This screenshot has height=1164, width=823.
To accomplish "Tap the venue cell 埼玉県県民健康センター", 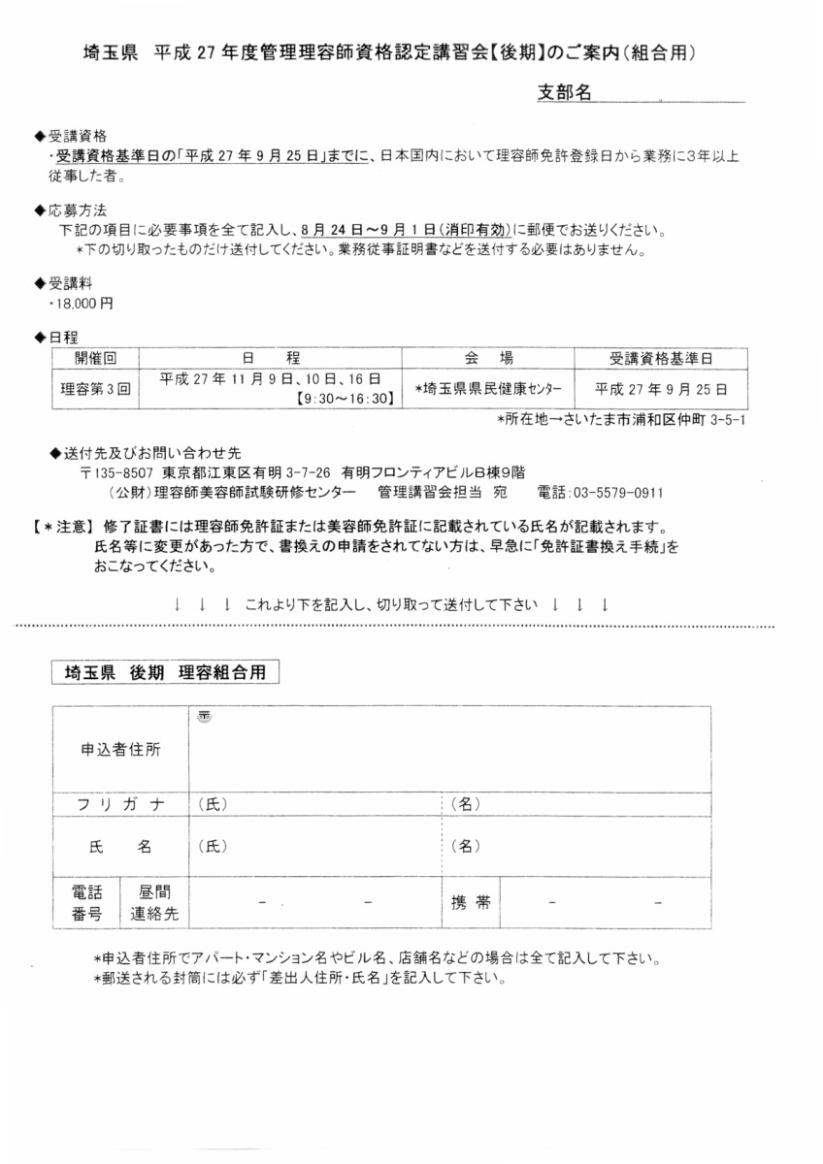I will click(487, 387).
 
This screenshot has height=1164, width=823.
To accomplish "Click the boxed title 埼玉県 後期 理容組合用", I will click(165, 673).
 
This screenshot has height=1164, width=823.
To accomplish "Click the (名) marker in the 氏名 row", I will click(467, 846).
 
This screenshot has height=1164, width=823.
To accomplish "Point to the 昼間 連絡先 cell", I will click(154, 902).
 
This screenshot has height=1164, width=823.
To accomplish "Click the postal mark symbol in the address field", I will click(205, 717).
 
